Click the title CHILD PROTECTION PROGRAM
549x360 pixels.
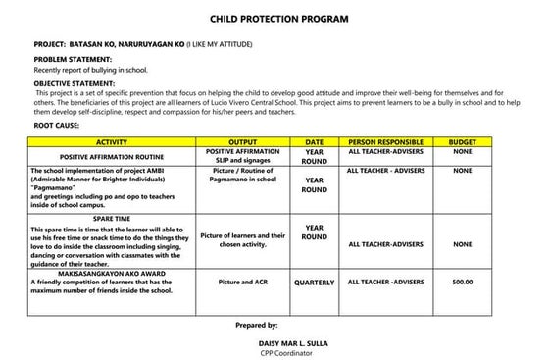click(278, 19)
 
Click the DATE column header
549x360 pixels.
click(315, 142)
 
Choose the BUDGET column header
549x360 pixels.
click(462, 142)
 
